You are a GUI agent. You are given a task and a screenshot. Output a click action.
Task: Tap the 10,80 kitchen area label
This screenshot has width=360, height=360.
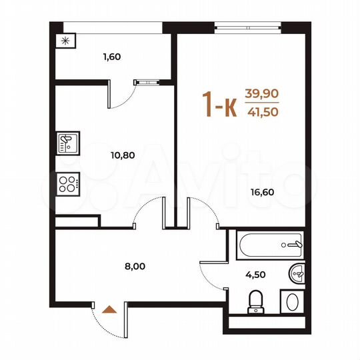pos(123,155)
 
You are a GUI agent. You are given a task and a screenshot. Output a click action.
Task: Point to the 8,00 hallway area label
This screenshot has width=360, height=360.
pos(135,266)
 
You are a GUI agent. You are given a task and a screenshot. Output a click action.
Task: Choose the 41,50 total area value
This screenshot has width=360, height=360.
pos(263,112)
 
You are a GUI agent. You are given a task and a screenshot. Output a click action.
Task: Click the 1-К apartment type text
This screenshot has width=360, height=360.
pos(219,105)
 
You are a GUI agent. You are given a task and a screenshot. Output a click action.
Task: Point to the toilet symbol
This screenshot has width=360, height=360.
pos(255,301)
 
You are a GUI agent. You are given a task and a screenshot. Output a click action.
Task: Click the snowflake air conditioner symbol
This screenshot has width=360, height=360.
pos(65,40)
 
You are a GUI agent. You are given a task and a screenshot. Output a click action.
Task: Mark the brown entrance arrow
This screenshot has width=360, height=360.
pos(109,309)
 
